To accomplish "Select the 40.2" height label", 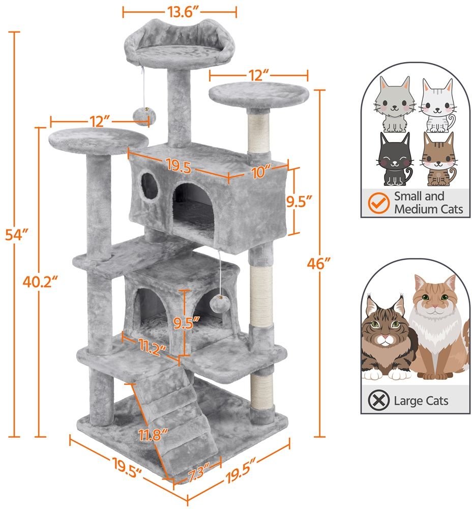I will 40,280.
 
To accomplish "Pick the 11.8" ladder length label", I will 154,436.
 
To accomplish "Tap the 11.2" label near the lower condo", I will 152,349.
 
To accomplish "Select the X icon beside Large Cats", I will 377,400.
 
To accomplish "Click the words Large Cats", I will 421,401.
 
